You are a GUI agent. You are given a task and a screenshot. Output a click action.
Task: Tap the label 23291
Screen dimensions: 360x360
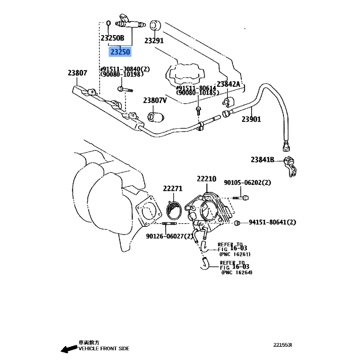click(154, 40)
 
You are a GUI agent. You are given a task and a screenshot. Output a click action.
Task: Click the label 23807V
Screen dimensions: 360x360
click(155, 100)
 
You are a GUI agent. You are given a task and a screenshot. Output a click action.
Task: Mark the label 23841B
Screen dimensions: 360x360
click(263, 159)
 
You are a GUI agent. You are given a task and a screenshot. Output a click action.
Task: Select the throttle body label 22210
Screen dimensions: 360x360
click(206, 179)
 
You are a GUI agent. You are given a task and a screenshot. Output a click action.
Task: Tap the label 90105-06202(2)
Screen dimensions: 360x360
click(247, 182)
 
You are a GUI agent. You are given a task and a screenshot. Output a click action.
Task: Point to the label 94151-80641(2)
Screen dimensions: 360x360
click(272, 222)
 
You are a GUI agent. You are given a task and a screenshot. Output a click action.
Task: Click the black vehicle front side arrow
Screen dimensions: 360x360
click(69, 348)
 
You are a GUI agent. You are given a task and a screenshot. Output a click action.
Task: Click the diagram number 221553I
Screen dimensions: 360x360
click(283, 345)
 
